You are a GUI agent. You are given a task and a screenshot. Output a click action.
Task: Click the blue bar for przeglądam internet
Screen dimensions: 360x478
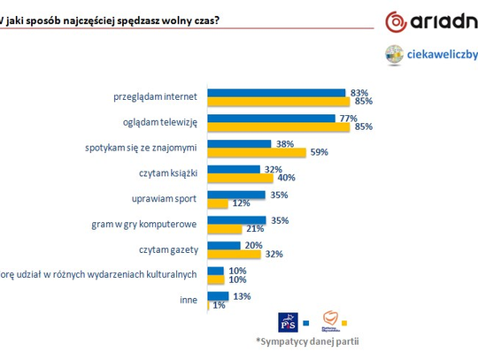[x=275, y=92]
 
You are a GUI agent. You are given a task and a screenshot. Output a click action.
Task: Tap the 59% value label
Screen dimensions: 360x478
[x=320, y=152]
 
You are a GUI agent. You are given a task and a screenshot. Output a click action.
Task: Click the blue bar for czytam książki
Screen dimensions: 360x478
[x=233, y=168]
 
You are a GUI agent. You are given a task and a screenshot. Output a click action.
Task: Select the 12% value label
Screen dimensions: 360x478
[x=240, y=203]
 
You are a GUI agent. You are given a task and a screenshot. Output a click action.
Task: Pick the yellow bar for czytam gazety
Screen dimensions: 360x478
[x=234, y=255]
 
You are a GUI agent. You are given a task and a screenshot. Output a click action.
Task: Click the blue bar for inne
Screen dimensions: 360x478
[x=220, y=296]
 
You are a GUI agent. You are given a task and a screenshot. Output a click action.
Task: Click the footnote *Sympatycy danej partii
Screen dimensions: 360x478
[x=314, y=341]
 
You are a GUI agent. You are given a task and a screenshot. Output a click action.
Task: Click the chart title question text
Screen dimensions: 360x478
[x=110, y=19]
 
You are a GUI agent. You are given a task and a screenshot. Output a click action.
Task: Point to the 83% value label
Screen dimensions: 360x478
[x=358, y=92]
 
